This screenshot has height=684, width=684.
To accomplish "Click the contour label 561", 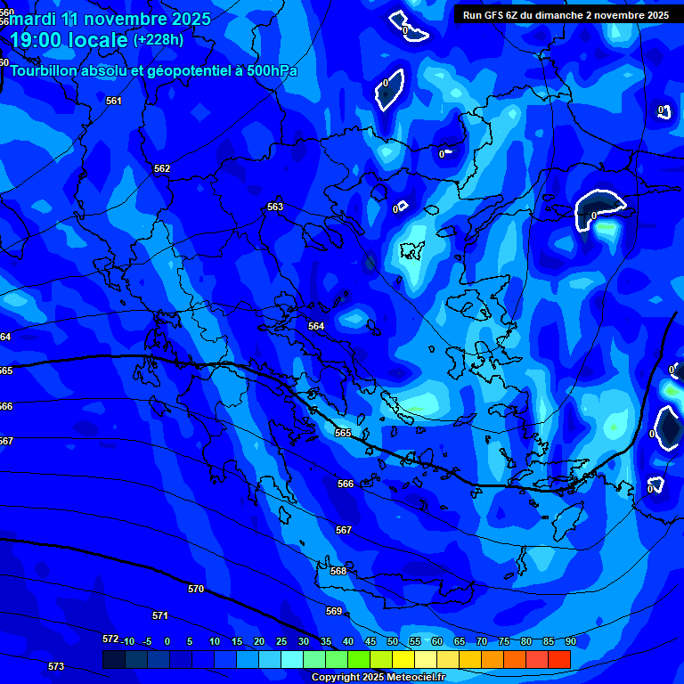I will pos(113,101).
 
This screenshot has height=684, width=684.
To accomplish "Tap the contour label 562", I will pos(161,168).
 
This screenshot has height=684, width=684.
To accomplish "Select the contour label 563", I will pos(275,207).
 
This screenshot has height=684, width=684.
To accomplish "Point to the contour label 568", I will pos(338,571).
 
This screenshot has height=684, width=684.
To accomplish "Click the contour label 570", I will pos(196,589).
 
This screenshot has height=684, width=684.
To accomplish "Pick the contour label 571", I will pos(160,615).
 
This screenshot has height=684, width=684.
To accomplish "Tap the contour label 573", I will pos(55,666).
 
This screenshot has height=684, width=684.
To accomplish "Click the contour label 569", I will pos(334,611).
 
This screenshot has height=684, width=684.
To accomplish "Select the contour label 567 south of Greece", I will pos(343,530).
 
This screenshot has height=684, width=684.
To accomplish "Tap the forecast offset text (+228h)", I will pos(159,40).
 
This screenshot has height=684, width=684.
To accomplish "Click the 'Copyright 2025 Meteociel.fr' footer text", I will pos(378,678).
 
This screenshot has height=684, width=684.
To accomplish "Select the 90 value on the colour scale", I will pos(570,641).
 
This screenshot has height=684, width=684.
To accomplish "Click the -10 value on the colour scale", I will pos(127,641).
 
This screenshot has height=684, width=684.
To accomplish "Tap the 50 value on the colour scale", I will pos(393,641).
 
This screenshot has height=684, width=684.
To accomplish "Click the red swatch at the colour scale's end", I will pos(558,659).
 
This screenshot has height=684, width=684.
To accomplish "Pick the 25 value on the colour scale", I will pos(281,641).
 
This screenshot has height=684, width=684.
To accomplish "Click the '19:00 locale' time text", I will pos(69,40).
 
